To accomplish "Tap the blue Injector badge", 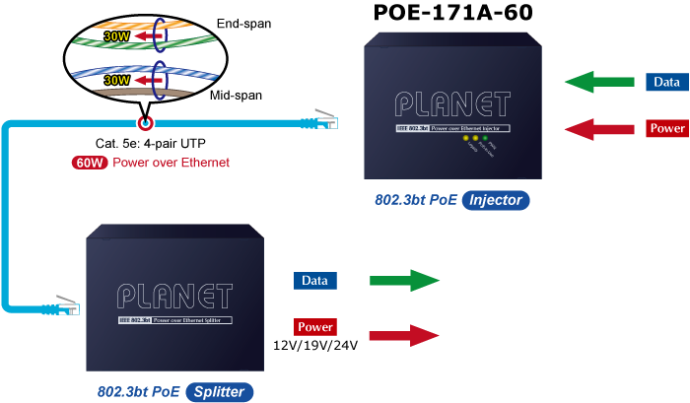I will (x=495, y=201).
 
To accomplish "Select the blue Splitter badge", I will (x=219, y=391).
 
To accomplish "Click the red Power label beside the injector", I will (x=666, y=129).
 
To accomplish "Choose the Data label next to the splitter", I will (x=314, y=281).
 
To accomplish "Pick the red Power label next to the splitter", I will (x=315, y=327).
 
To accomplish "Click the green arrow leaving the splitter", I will (x=404, y=281).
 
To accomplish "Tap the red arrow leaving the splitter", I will (x=404, y=335).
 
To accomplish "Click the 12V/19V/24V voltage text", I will (x=315, y=345).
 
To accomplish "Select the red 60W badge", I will (x=89, y=163).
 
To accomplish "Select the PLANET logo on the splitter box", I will (x=174, y=297).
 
